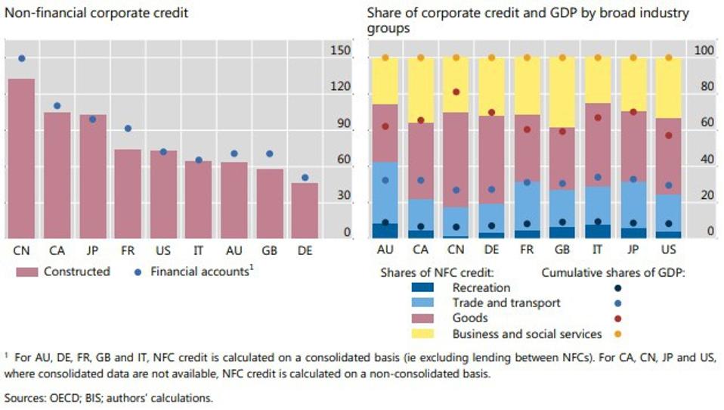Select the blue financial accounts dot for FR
(128, 129)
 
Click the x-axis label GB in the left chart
(271, 250)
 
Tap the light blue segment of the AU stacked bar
(385, 192)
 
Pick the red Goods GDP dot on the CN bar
(456, 92)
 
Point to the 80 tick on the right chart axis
(704, 87)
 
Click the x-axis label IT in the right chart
(598, 250)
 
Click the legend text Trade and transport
(506, 303)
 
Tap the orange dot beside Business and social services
(619, 334)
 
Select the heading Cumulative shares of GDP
(613, 272)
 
